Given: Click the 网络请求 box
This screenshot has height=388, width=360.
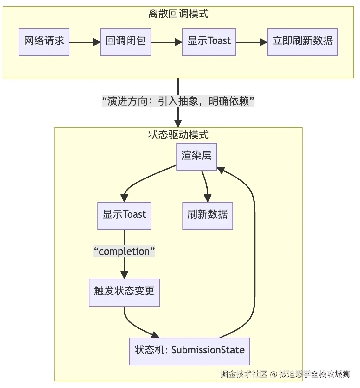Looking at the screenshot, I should [44, 42].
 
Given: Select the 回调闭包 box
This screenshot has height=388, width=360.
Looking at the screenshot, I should [126, 42].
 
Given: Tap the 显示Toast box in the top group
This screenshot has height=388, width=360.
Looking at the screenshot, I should [209, 42].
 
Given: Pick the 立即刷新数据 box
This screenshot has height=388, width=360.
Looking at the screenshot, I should [303, 42].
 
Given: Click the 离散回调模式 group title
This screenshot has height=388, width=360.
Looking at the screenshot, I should [178, 14].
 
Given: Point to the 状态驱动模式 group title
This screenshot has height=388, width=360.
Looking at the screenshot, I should [178, 135].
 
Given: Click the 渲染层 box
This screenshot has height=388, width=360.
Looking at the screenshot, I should [196, 157].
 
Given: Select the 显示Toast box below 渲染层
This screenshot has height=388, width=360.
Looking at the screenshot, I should [124, 216].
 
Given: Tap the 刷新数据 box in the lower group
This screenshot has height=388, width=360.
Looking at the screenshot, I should [208, 216].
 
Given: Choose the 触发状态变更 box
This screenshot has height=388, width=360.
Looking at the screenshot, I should [124, 293].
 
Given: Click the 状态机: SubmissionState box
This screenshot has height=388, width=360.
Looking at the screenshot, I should [190, 352].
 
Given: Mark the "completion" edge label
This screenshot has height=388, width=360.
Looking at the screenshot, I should [124, 251].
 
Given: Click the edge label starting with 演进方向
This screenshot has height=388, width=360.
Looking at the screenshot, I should [178, 101].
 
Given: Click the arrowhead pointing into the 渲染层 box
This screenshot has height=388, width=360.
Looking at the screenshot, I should [221, 170].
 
